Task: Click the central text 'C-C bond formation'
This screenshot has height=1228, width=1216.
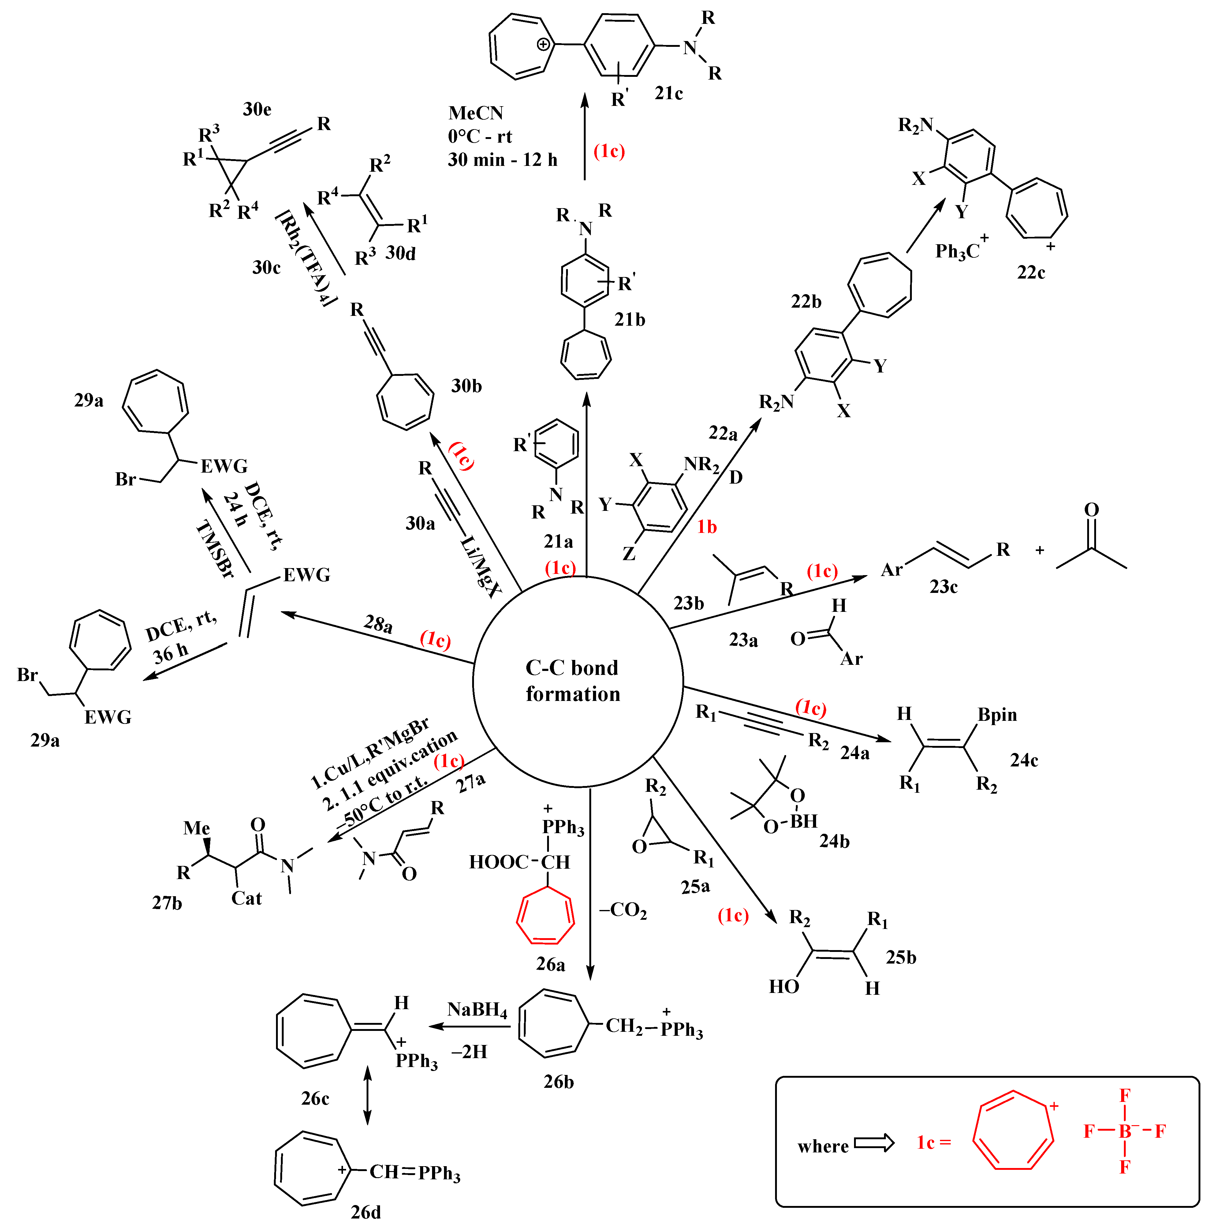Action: (572, 681)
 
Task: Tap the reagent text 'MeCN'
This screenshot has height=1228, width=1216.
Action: (475, 113)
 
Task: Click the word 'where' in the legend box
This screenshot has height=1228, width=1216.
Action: (823, 1147)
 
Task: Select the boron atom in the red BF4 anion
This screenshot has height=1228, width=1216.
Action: (1125, 1131)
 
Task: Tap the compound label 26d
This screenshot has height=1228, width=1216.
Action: (366, 1212)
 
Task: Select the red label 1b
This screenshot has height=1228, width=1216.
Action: (707, 527)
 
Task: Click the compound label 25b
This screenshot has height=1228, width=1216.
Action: (901, 957)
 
